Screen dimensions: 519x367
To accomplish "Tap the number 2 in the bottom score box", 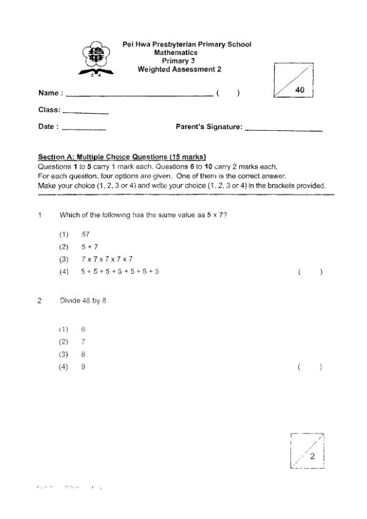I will (312, 457).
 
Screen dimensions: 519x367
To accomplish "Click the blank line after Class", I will (85, 113).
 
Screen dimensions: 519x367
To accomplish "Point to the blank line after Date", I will (84, 130).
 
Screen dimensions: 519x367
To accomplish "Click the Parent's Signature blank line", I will (283, 130).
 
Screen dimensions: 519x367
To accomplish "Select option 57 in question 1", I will (86, 234).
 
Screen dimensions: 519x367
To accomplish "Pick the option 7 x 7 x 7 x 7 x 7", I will (107, 259).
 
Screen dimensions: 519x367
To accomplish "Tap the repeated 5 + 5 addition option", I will (120, 271).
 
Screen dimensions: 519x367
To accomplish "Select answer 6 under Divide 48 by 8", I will (83, 329).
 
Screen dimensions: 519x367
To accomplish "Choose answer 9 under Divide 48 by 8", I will (83, 367).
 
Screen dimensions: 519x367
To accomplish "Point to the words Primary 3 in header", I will (178, 61).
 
